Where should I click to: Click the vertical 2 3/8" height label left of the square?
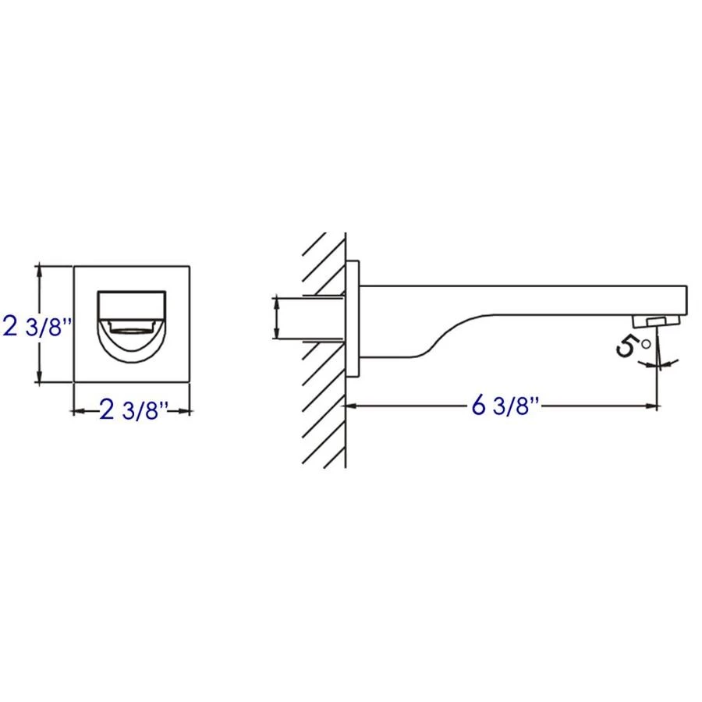click(x=38, y=324)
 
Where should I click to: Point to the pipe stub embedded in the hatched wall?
click(x=312, y=317)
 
